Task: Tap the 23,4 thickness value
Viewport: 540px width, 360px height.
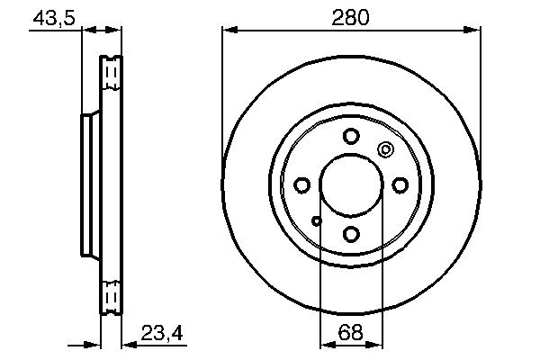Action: [x=162, y=333]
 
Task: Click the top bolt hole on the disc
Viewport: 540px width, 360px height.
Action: [x=351, y=137]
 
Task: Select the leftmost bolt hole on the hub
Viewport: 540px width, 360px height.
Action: [x=302, y=185]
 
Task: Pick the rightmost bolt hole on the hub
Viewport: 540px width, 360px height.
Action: [x=400, y=185]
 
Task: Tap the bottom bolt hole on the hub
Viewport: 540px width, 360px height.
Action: [x=351, y=234]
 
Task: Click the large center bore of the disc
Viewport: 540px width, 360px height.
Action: [x=351, y=185]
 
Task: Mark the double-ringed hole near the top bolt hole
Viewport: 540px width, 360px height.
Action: [x=386, y=150]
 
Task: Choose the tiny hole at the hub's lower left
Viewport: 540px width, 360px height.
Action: [x=316, y=220]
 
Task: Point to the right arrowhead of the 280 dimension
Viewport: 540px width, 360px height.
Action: [x=473, y=31]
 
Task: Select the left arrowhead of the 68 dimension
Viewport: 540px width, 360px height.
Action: [x=327, y=346]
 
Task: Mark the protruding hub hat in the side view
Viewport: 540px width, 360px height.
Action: [x=87, y=185]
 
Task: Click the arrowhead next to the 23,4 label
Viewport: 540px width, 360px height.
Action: [x=127, y=345]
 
